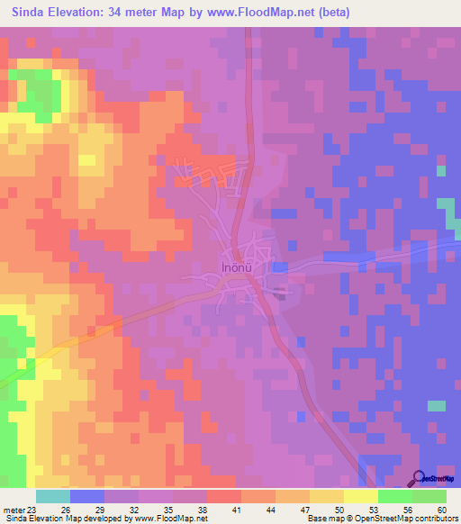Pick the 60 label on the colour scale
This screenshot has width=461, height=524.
(x=441, y=509)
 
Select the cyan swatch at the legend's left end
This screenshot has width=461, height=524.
(x=53, y=496)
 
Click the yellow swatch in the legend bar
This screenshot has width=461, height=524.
(x=360, y=496)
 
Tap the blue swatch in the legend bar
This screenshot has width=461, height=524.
(x=87, y=496)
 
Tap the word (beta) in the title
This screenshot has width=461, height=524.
(x=330, y=13)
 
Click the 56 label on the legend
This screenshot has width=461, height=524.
(x=407, y=509)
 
